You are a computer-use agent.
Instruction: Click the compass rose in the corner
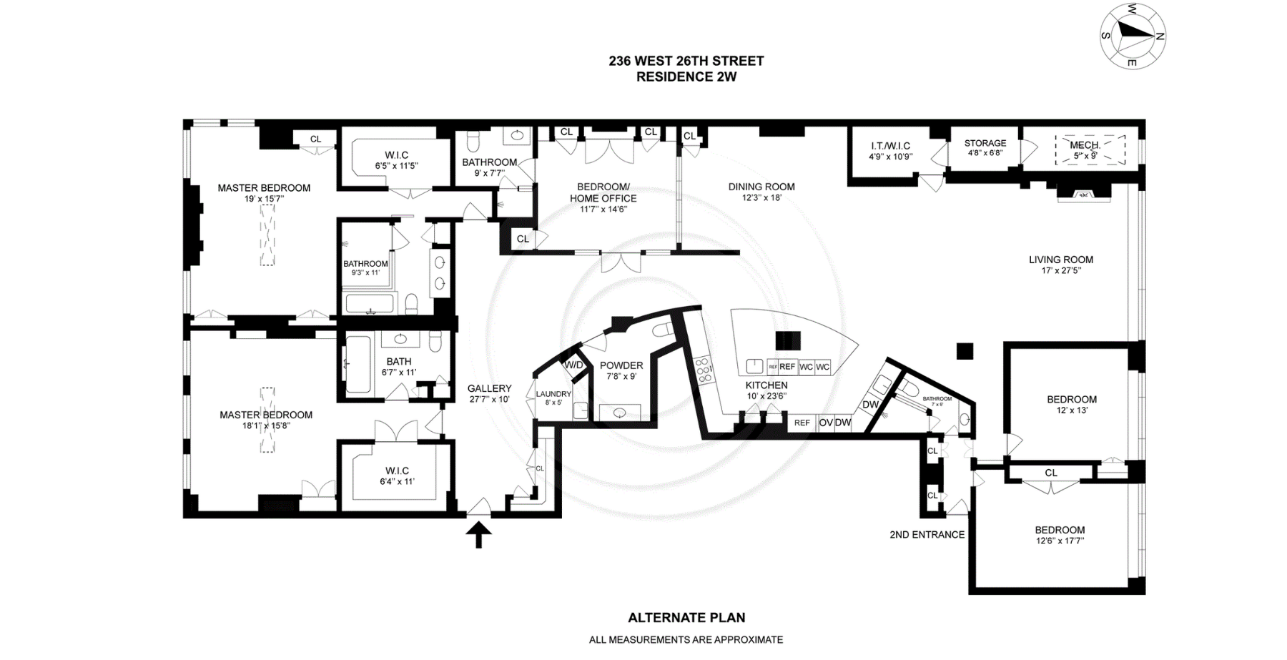[x=1133, y=36]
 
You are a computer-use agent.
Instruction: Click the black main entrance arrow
[x=478, y=534]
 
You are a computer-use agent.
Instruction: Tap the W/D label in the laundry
[x=573, y=365]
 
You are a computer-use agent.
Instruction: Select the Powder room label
[x=621, y=365]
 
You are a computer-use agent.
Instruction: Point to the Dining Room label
[x=761, y=187]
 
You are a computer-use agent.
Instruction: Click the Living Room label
[x=1061, y=260]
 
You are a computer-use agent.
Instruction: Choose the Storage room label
[x=985, y=143]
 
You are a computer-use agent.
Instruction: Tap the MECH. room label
[x=1085, y=145]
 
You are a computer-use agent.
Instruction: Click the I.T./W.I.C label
[x=890, y=146]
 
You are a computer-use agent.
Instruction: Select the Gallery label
[x=489, y=389]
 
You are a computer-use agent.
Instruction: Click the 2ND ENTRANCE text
[x=927, y=534]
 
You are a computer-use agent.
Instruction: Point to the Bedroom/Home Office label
[x=603, y=192]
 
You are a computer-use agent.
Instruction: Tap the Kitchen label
[x=766, y=385]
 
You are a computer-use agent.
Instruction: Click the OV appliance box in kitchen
[x=826, y=423]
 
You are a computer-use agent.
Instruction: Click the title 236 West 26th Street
[x=686, y=61]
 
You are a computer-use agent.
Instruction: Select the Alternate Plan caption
[x=686, y=618]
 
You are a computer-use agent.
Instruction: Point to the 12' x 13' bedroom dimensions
[x=1072, y=410]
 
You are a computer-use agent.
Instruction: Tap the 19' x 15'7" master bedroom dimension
[x=264, y=199]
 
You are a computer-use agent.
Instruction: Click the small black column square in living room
[x=965, y=350]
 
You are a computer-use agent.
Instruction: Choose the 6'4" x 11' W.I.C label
[x=397, y=481]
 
